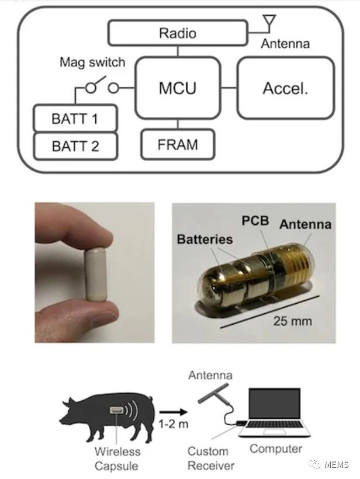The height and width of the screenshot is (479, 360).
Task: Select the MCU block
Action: pyautogui.click(x=177, y=88)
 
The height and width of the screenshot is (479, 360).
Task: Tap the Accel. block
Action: pyautogui.click(x=285, y=88)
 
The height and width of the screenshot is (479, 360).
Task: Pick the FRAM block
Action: pyautogui.click(x=178, y=145)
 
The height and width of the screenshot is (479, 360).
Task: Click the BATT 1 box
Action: pyautogui.click(x=75, y=119)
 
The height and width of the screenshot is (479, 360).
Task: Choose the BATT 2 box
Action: pyautogui.click(x=75, y=147)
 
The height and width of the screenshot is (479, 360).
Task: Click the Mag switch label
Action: pyautogui.click(x=92, y=63)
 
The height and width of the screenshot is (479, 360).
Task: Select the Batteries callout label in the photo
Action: pyautogui.click(x=205, y=239)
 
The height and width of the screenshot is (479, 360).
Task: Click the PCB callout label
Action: pyautogui.click(x=255, y=221)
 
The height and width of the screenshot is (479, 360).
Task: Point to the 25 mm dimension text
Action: pyautogui.click(x=293, y=321)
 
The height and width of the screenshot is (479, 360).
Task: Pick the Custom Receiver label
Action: pyautogui.click(x=211, y=458)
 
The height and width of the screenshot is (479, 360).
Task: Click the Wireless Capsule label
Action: pyautogui.click(x=117, y=458)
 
